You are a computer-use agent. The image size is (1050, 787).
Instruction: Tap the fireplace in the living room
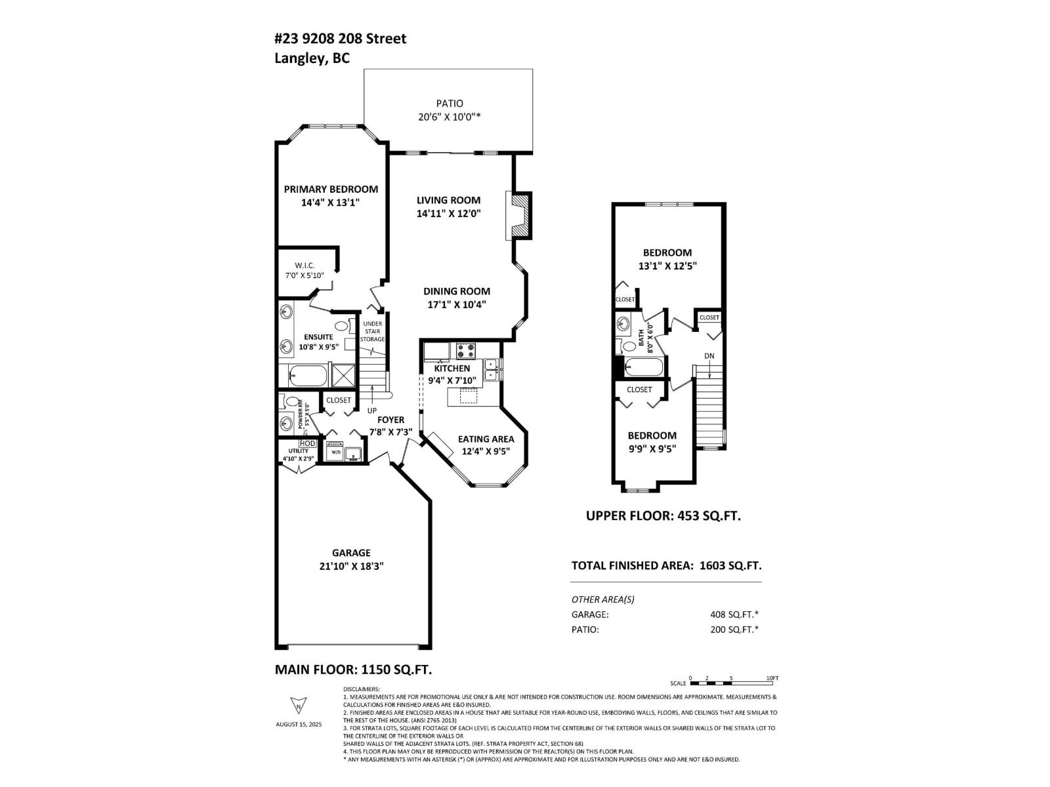pos(520,215)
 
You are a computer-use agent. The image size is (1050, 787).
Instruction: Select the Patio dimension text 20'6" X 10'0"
pos(450,117)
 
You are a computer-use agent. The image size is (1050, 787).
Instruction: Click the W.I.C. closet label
pos(304,265)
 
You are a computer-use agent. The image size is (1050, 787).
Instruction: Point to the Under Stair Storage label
pos(372,331)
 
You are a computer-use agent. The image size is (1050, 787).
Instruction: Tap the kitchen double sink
pos(491,369)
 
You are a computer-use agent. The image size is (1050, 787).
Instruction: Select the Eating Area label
pos(486,439)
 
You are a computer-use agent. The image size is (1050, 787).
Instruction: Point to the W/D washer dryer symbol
pos(335,451)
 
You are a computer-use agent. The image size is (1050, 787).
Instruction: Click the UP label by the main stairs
pos(372,410)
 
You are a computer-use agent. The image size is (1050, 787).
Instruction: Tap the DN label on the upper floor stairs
pos(709,356)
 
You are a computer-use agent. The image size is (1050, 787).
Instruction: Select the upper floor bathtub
pos(644,367)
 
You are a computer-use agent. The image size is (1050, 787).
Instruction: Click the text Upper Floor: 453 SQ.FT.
pos(663,515)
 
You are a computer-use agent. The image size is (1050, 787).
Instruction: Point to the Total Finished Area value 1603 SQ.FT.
pos(730,565)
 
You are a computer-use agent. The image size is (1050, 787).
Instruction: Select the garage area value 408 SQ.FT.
pos(730,615)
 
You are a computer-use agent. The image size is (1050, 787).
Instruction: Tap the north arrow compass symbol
pos(298,705)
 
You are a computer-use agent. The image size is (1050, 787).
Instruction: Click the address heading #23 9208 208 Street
pos(340,39)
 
